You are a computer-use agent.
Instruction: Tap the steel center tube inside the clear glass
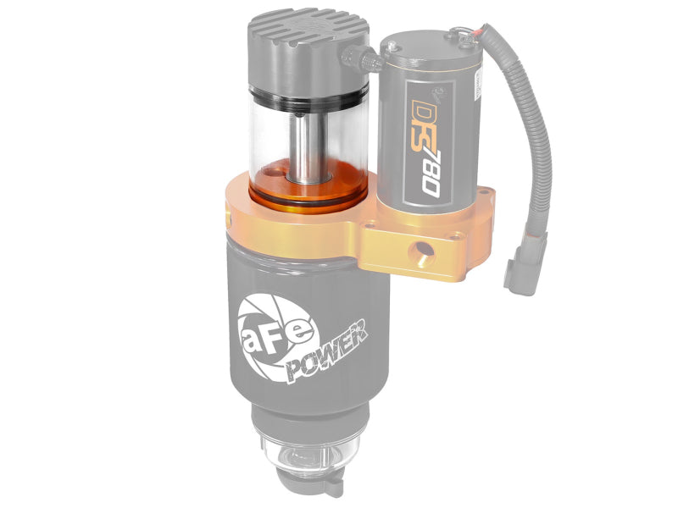303,140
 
